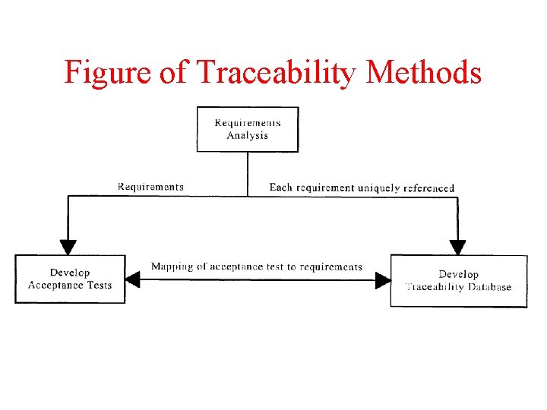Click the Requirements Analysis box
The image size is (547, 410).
pos(248,129)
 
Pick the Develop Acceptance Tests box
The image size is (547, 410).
pos(70,279)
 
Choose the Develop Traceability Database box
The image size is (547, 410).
pos(458,280)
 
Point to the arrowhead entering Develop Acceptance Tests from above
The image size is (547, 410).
pos(68,247)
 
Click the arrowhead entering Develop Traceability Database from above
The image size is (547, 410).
pos(457,247)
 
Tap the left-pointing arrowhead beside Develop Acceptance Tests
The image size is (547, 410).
pos(133,280)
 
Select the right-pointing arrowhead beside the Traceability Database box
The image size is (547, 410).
pos(382,280)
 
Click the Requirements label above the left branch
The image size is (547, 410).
pos(150,187)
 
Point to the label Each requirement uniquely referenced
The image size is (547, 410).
pos(362,188)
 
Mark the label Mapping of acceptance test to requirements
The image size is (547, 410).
pos(257,266)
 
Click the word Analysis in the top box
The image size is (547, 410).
pos(248,136)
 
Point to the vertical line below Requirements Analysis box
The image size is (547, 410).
pos(248,173)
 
